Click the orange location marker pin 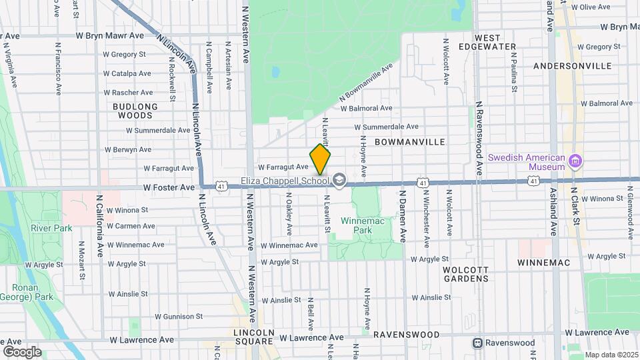pos(320,160)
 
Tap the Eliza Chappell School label pos(285,180)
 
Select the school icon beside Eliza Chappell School pos(339,180)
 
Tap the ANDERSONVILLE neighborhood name pos(573,66)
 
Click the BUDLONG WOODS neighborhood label pos(135,111)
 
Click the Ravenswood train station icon pos(477,343)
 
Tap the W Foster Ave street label pos(169,188)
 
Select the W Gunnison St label pos(178,316)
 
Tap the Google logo pos(22,351)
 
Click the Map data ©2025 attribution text pos(611,354)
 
